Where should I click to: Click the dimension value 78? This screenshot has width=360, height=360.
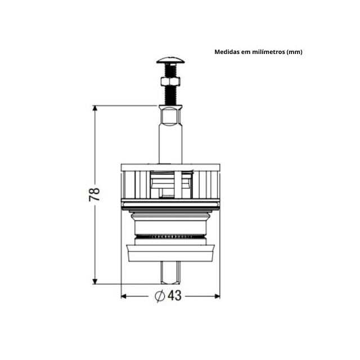click(95, 195)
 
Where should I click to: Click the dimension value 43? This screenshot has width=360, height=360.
click(174, 295)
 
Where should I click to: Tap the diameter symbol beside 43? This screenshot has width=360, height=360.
click(159, 295)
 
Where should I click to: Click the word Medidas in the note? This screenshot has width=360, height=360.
click(227, 52)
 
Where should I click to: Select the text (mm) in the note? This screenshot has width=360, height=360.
click(295, 52)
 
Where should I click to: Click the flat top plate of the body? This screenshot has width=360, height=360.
click(170, 166)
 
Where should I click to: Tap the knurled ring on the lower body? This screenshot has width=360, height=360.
click(170, 236)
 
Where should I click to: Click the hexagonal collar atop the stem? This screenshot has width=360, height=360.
click(170, 115)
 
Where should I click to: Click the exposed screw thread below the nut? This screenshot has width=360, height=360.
click(170, 96)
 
